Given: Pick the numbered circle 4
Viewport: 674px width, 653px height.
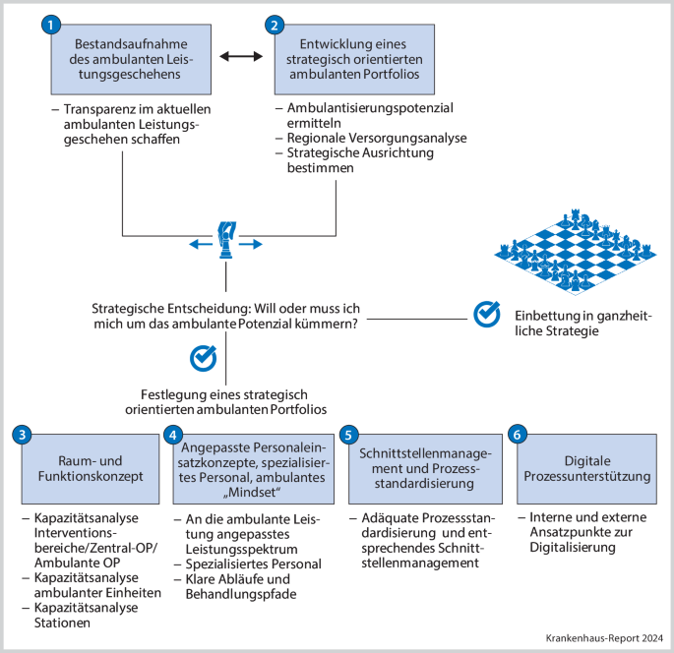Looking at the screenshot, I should coord(173,435).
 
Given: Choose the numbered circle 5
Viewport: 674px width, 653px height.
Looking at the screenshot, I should coord(347,435).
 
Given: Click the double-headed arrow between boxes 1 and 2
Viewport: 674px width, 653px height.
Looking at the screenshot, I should coord(240,57).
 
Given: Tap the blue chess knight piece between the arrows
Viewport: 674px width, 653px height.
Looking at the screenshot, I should coord(226,240).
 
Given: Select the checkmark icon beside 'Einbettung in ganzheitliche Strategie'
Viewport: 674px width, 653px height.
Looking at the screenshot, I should coord(487,314).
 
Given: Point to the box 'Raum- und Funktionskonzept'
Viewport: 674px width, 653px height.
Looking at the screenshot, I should coord(88,468).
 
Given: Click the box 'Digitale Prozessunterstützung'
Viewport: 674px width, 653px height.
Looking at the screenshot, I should coord(587,468).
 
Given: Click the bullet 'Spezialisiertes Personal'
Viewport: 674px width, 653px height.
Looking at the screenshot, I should coord(252,564).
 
